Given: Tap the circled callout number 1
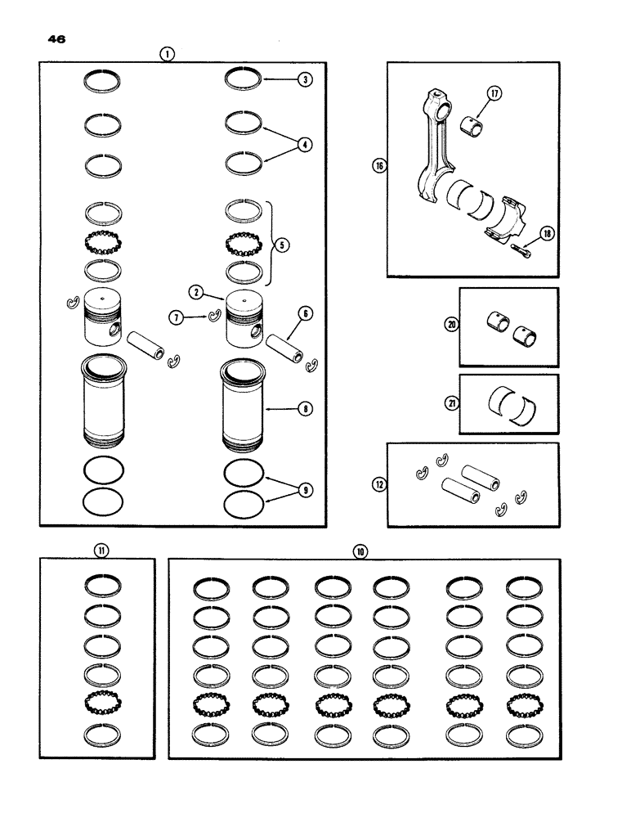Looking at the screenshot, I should pos(167,54).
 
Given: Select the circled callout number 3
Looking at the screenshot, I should pos(304,80).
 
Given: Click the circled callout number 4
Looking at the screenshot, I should pos(304,145).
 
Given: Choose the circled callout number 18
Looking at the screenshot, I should pos(546,233).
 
